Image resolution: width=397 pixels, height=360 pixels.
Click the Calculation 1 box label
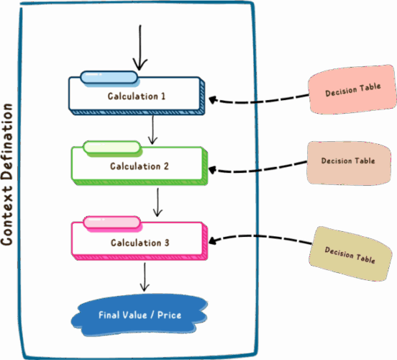(x=137, y=96)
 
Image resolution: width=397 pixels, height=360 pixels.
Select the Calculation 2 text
(x=140, y=166)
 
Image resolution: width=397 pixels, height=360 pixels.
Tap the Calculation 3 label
(x=140, y=243)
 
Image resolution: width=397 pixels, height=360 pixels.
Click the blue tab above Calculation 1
(x=109, y=78)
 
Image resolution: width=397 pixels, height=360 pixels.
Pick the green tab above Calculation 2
(x=111, y=148)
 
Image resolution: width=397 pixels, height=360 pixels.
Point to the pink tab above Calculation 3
(x=111, y=222)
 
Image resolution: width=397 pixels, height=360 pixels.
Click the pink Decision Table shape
(x=352, y=89)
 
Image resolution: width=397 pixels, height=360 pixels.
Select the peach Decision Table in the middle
(x=348, y=163)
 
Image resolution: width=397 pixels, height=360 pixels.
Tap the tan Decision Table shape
(x=350, y=254)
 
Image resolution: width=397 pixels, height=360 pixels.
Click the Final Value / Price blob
(x=140, y=315)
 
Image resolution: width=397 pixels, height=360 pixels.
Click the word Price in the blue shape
(x=169, y=315)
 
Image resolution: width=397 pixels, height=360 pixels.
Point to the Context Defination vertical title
(x=6, y=174)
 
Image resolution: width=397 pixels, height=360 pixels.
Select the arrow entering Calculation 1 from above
(x=140, y=48)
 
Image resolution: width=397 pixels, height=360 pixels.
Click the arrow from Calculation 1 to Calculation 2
(x=152, y=130)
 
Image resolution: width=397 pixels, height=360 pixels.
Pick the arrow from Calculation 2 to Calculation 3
(x=158, y=202)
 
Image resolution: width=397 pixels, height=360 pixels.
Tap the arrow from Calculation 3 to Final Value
(x=145, y=277)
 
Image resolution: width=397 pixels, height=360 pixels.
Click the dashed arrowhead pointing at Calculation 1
(x=212, y=99)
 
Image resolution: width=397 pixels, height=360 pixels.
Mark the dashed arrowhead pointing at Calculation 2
(x=212, y=170)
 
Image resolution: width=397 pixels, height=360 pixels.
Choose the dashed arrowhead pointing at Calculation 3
(x=212, y=240)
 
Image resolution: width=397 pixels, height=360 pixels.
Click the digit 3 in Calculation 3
(x=167, y=243)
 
